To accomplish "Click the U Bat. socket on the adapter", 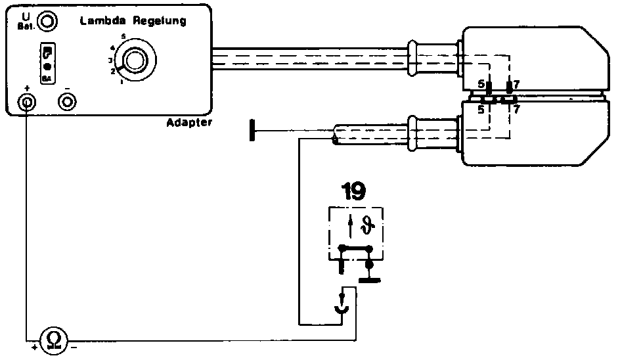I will coord(47,22).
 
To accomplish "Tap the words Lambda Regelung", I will coord(133,21).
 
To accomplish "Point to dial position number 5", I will coord(123,36).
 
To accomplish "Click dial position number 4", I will coord(113,47).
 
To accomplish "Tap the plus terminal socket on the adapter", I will coord(27,102).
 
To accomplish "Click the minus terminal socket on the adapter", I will coord(67,102).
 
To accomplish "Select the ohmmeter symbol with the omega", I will coord(54,340).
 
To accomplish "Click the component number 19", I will coord(354,191).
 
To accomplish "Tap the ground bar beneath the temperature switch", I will coord(370,280).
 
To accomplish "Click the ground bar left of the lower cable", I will coord(253,130).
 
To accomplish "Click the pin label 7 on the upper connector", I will coord(518,84).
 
